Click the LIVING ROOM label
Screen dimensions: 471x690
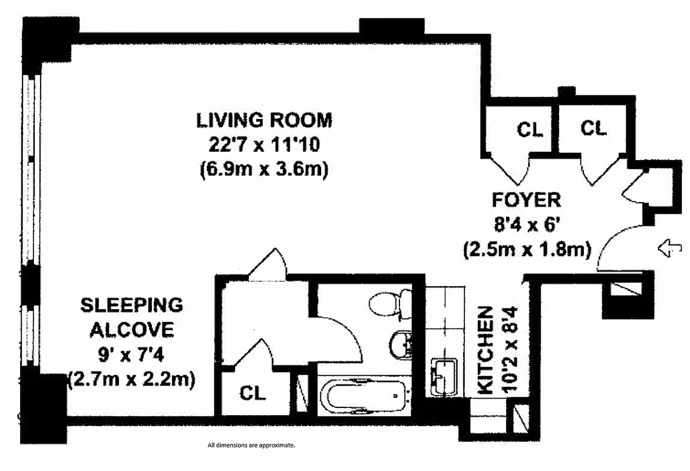coord(264,120)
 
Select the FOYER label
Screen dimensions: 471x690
coord(526,200)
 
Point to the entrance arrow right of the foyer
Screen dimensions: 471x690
coord(669,249)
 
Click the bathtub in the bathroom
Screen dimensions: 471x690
coord(363,396)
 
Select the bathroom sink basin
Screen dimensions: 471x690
coord(402,345)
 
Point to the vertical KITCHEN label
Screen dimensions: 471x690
coord(485,350)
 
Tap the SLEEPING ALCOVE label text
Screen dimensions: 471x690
coord(131,317)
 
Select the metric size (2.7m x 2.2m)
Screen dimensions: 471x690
coord(131,379)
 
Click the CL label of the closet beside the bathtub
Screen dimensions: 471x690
coord(253,393)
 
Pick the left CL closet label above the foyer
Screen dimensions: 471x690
coord(530,130)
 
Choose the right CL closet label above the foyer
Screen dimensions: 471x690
coord(593,128)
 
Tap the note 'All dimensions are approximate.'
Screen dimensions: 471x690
coord(251,446)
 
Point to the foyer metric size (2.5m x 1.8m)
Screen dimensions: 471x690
coord(526,250)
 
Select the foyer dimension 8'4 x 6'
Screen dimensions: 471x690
coord(526,224)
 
